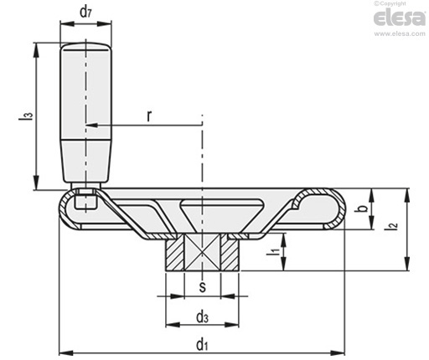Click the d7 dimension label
[85, 12]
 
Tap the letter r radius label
[150, 116]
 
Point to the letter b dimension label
[362, 208]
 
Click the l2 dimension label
[390, 226]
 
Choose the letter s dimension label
[203, 287]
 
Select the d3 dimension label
[202, 317]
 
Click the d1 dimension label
[202, 345]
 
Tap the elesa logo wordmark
[400, 18]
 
